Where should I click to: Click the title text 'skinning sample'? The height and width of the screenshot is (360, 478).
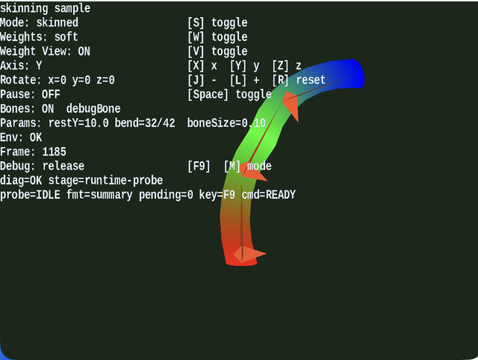tap(45, 8)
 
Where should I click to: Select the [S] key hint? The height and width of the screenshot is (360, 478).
tap(196, 22)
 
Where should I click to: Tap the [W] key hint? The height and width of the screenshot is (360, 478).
tap(196, 37)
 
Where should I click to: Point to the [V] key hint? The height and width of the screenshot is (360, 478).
tap(196, 52)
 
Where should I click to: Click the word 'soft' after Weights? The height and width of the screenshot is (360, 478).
tap(66, 37)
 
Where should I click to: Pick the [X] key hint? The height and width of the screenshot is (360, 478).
tap(196, 66)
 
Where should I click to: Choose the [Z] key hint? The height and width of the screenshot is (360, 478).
tap(281, 66)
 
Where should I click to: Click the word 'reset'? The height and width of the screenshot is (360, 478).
tap(311, 80)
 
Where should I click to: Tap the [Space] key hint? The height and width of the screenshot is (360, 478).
tap(208, 95)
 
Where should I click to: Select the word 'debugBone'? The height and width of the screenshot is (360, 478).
tap(93, 109)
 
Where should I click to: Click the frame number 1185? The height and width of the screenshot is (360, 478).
tap(54, 152)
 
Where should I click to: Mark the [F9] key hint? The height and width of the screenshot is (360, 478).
tap(199, 166)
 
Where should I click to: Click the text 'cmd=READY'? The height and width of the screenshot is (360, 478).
tap(269, 195)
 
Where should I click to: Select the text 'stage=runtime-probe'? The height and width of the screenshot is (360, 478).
tap(105, 181)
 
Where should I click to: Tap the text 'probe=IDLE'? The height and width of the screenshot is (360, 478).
tap(30, 195)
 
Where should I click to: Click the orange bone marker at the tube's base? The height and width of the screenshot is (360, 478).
tap(249, 254)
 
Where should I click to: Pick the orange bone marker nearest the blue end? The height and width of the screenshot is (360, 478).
tap(291, 105)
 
